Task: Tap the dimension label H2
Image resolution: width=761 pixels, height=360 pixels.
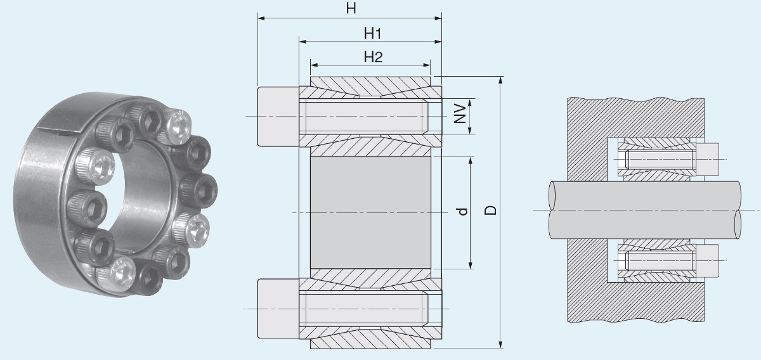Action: tap(372, 56)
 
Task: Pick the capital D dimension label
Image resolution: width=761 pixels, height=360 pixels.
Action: tap(489, 210)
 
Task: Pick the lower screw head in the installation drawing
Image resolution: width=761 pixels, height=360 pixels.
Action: tap(709, 260)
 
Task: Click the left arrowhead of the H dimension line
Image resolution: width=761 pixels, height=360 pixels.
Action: tap(261, 18)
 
